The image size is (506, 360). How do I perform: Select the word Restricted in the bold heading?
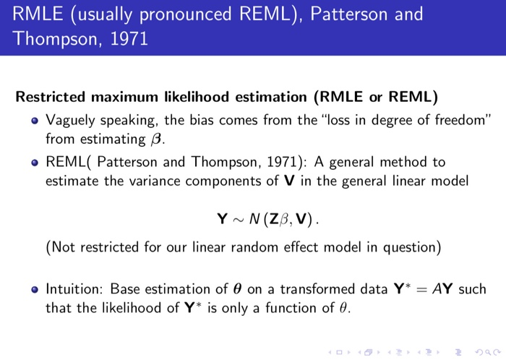tap(47, 97)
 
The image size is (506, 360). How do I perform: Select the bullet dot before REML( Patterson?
tap(35, 162)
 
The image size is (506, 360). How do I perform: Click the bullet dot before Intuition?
tap(35, 290)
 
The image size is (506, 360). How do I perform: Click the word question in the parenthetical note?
tap(412, 248)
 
